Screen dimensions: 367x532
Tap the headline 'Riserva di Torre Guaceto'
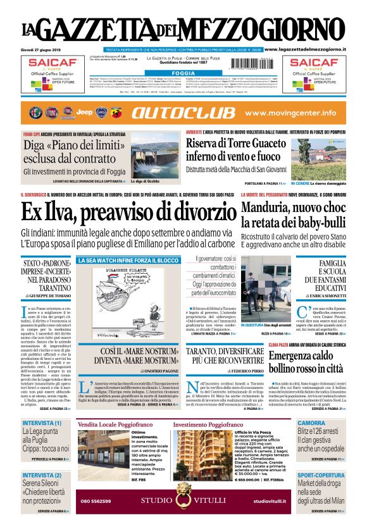pos(237,145)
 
